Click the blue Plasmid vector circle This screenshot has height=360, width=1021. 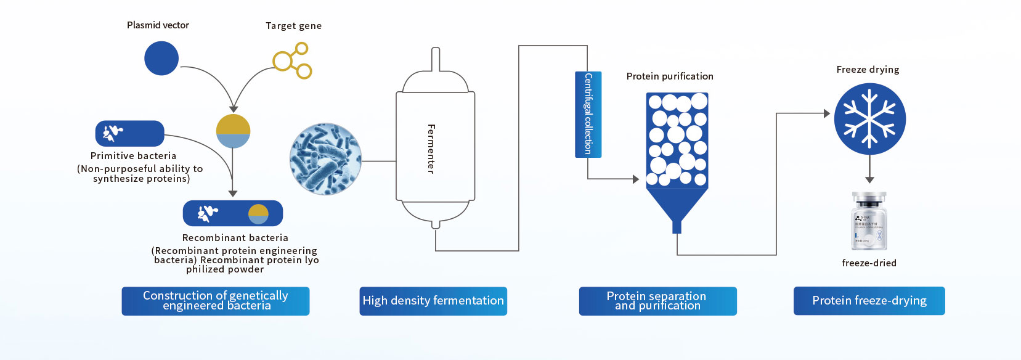click(x=161, y=59)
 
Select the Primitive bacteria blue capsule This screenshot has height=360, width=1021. click(x=129, y=134)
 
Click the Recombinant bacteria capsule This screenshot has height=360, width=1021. click(x=233, y=213)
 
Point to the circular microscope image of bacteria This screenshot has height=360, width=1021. click(x=325, y=159)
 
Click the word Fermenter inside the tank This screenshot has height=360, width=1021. click(x=431, y=149)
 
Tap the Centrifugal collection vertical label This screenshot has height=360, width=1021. click(x=588, y=114)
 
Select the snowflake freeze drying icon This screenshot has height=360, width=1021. click(x=869, y=119)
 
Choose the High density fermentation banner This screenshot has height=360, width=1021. click(x=433, y=301)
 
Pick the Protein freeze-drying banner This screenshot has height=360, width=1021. click(x=869, y=301)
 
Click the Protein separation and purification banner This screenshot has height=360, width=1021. click(x=657, y=301)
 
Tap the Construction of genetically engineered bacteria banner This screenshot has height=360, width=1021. click(x=216, y=301)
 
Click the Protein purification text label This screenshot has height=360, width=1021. click(x=670, y=76)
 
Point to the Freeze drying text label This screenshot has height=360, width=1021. click(x=868, y=70)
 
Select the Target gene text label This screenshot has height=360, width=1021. click(x=293, y=26)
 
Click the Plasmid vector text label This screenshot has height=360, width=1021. click(x=158, y=25)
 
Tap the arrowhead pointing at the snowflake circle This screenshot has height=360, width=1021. click(x=827, y=113)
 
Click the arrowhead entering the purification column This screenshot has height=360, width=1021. click(x=636, y=179)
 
